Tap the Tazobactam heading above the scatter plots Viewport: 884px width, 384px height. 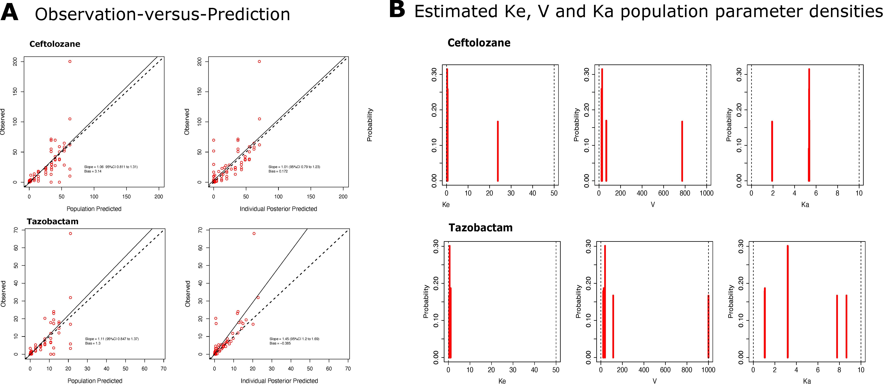coord(52,222)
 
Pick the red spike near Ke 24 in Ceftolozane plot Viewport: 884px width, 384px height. coord(498,151)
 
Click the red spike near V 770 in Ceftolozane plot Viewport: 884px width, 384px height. coord(682,151)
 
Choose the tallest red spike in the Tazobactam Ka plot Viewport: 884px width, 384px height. coord(788,301)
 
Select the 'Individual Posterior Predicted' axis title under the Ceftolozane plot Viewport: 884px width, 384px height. coord(278,209)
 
